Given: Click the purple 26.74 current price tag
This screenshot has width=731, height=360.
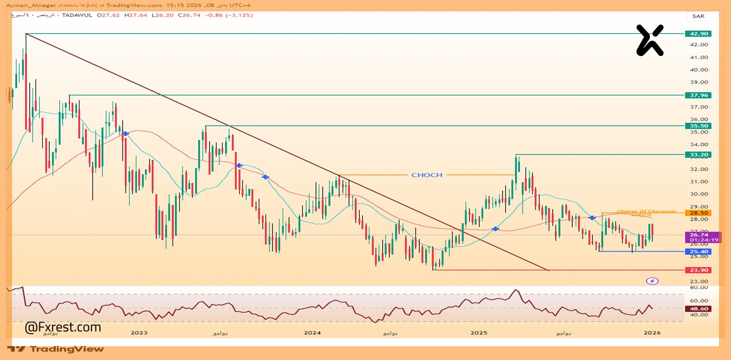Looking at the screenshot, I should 699,235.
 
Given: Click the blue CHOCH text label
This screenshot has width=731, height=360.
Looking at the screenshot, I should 427,175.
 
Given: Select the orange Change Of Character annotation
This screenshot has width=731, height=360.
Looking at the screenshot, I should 646,211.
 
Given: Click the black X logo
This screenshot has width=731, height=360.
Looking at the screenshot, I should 650,40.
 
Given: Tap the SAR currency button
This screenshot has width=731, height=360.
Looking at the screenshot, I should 698,16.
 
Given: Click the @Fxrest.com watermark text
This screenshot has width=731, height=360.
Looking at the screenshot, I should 63,327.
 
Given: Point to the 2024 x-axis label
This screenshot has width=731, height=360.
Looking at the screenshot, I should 312,332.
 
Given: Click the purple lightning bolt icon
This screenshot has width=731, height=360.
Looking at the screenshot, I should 652,281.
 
